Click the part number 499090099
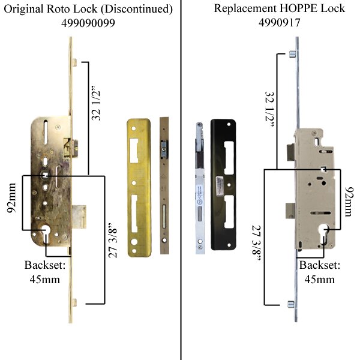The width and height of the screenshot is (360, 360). [x=89, y=23]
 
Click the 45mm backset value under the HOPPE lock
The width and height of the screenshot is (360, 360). [x=320, y=279]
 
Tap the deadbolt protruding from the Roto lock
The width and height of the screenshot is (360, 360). [x=79, y=213]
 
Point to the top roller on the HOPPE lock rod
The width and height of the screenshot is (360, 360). [x=289, y=55]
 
